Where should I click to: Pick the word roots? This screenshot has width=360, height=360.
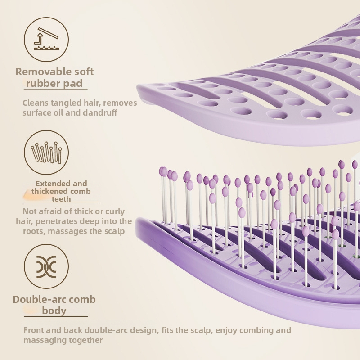point(34,231)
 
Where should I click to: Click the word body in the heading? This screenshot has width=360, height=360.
point(54,310)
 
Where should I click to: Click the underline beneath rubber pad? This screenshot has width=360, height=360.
point(56,89)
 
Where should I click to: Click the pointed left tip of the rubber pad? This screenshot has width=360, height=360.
point(137,86)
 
